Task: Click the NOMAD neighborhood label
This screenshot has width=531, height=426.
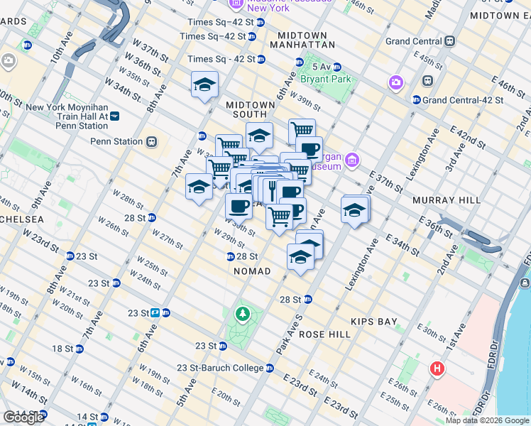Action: tap(252, 271)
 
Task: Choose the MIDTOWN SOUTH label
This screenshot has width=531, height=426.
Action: tap(250, 105)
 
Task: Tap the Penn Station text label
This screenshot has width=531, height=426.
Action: tap(116, 141)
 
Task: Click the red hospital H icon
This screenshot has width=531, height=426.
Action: tap(438, 369)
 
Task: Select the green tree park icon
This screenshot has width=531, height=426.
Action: tap(243, 313)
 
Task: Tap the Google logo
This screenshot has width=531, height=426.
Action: tap(23, 417)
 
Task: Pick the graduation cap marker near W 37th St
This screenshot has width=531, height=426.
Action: tap(204, 85)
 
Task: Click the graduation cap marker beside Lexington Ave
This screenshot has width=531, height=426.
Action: tap(355, 210)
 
